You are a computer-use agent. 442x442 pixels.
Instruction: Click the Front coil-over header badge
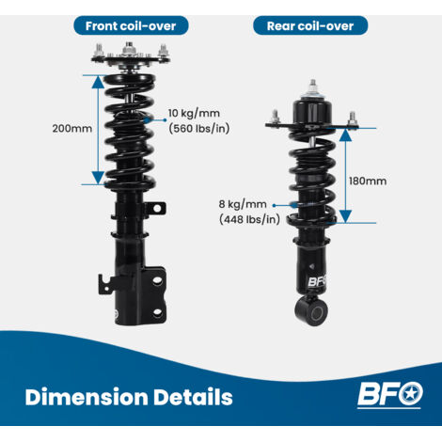(x=131, y=25)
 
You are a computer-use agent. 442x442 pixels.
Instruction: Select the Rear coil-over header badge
(x=310, y=25)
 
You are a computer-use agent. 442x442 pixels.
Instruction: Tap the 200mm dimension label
(x=72, y=129)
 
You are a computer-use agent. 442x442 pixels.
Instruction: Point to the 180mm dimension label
(x=368, y=181)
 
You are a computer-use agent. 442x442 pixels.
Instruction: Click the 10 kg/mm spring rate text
(x=194, y=113)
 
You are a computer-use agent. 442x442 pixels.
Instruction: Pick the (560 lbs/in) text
(x=199, y=129)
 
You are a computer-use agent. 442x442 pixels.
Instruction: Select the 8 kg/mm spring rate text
(x=243, y=204)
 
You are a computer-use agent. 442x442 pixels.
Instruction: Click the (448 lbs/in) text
(x=249, y=219)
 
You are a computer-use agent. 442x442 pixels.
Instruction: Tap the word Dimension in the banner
(x=87, y=397)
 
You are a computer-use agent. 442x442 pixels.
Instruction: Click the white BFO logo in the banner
(x=390, y=394)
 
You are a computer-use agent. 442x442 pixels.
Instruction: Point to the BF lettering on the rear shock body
(x=317, y=281)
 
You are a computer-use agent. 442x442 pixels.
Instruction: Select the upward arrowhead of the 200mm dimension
(x=98, y=82)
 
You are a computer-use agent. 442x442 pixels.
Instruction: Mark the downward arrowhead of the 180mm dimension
(x=345, y=216)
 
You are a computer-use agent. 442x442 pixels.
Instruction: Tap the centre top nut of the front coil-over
(x=128, y=49)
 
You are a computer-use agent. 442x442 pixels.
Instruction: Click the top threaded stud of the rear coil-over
(x=312, y=86)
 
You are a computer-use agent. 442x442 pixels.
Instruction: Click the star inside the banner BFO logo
(x=410, y=393)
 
